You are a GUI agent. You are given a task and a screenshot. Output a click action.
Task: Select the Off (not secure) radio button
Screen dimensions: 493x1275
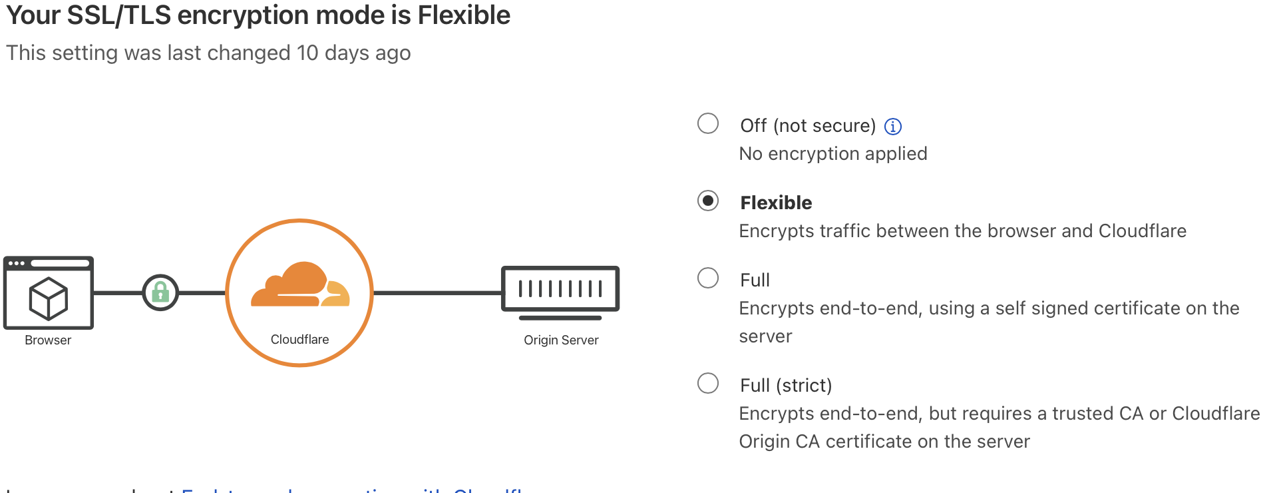tap(708, 123)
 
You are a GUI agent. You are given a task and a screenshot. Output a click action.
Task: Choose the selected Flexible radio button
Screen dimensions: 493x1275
tap(708, 201)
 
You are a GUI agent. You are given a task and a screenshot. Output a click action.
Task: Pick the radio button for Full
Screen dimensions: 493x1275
tap(708, 278)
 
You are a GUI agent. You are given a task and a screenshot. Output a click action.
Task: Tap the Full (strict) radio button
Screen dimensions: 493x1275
tap(708, 383)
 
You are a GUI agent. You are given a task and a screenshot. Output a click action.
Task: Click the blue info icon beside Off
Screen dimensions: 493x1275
tap(893, 127)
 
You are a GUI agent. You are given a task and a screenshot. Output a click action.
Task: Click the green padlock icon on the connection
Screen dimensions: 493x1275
tap(160, 292)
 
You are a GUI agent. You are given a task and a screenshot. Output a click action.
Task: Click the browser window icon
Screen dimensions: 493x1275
tap(49, 292)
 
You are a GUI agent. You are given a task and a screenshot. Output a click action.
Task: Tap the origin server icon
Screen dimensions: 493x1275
tap(560, 291)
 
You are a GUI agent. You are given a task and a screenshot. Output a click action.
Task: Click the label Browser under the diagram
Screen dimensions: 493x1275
tap(48, 340)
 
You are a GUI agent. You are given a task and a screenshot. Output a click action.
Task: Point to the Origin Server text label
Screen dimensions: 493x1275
tap(561, 340)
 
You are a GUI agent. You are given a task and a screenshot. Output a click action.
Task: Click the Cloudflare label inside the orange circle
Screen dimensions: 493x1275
tap(299, 339)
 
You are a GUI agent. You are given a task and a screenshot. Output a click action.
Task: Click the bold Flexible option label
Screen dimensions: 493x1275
tap(776, 203)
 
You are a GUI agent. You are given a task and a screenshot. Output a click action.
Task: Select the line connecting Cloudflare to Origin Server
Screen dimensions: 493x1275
tap(437, 292)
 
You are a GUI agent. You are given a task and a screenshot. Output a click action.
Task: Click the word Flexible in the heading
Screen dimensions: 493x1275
tap(464, 15)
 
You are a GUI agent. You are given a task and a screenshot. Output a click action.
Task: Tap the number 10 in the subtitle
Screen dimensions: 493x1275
tap(307, 53)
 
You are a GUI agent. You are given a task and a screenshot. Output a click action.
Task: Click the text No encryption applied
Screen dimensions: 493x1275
tap(833, 154)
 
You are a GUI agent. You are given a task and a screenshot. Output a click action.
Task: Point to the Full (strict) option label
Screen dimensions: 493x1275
tap(786, 385)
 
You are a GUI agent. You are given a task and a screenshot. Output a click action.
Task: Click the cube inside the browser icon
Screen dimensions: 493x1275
tap(49, 298)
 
